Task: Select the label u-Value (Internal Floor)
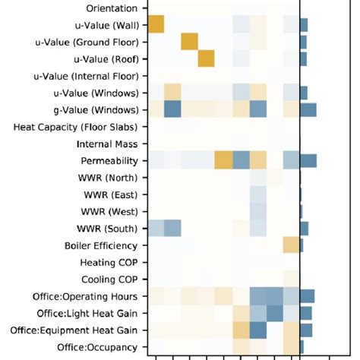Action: tap(86, 76)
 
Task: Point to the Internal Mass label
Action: tap(107, 144)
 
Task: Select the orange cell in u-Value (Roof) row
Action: tap(207, 58)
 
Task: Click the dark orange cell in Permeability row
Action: tap(223, 160)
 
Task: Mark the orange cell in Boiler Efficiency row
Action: tap(291, 245)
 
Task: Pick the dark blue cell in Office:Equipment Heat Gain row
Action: tap(257, 330)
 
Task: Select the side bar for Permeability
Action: tap(308, 160)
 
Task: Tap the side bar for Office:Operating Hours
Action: tap(307, 296)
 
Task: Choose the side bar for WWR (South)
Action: tap(304, 228)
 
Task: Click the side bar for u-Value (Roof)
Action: tap(303, 58)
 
